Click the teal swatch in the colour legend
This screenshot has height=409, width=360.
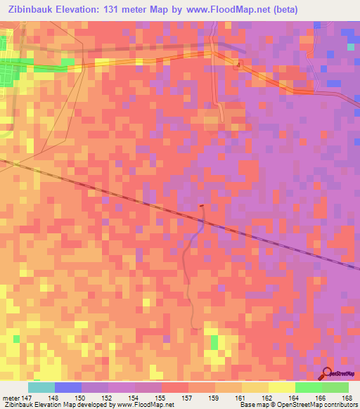(41, 387)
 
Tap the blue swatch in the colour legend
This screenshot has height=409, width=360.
(67, 387)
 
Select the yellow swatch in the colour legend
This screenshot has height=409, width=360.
(281, 387)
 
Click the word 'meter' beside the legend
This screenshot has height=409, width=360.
(10, 398)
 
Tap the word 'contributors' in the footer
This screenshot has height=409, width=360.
(340, 405)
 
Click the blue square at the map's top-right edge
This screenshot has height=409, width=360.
(351, 46)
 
